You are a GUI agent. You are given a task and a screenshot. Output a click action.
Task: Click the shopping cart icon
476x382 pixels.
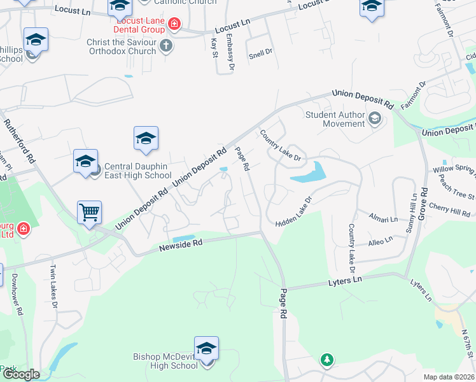pos(90,213)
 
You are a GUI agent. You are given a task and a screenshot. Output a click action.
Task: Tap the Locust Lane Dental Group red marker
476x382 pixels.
pos(174,25)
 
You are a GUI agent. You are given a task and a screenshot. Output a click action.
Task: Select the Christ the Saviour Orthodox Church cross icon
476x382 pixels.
pos(166,45)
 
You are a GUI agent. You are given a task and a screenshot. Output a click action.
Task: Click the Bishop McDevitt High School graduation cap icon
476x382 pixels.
pos(206,349)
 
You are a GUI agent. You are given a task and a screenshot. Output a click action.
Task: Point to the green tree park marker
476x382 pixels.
pos(327,360)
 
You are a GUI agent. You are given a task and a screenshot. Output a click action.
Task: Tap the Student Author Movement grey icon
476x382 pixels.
pos(375,117)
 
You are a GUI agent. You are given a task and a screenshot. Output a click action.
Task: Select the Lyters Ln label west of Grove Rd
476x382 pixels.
pos(344,281)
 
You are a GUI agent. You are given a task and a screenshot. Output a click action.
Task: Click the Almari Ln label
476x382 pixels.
pos(383,218)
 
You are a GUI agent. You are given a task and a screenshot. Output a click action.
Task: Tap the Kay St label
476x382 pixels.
pos(214,47)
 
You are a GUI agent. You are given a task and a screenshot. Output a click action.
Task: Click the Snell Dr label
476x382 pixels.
pos(260,54)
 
